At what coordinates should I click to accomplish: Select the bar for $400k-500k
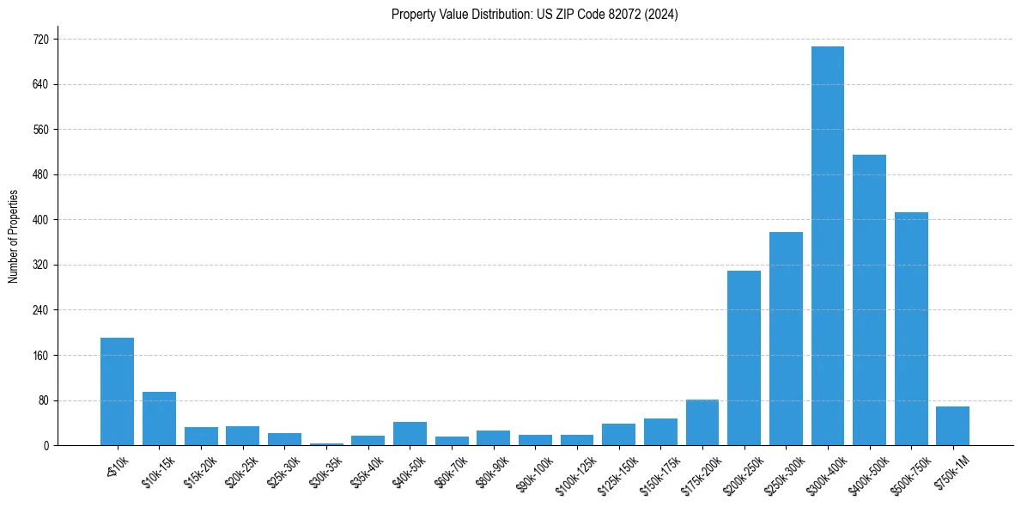(869, 300)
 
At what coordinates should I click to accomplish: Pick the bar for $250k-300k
(786, 339)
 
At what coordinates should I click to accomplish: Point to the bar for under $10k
(117, 391)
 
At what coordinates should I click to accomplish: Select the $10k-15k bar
(159, 418)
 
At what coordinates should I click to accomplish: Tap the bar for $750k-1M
(952, 426)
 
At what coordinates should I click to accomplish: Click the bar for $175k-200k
(702, 423)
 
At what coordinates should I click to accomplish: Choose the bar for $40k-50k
(410, 434)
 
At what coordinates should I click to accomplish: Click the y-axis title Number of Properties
(13, 236)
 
